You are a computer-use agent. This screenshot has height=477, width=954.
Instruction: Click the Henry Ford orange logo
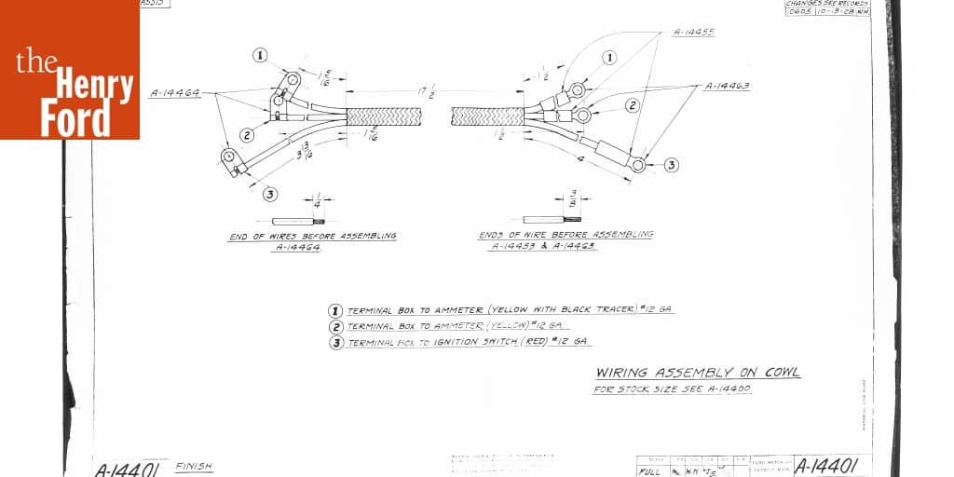point(70,70)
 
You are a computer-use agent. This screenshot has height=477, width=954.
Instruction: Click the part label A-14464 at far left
point(175,93)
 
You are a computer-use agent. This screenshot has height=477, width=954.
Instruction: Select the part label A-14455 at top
point(693,33)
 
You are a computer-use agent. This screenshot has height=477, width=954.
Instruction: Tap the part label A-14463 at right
point(728,86)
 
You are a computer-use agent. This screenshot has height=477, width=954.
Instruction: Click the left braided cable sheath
point(379,116)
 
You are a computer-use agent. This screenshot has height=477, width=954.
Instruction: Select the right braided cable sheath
point(487,116)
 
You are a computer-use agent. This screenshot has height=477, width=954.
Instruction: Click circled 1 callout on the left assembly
point(260,55)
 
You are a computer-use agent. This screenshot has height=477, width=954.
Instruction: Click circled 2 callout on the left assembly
point(247,135)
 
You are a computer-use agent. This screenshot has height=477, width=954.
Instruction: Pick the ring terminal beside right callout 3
point(638,165)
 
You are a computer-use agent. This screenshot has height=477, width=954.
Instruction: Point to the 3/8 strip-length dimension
point(571,200)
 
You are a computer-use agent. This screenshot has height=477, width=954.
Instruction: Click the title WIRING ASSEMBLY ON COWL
point(697,373)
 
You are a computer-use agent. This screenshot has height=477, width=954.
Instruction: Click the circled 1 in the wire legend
point(335,311)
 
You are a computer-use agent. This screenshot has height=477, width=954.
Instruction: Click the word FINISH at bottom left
point(193,466)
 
